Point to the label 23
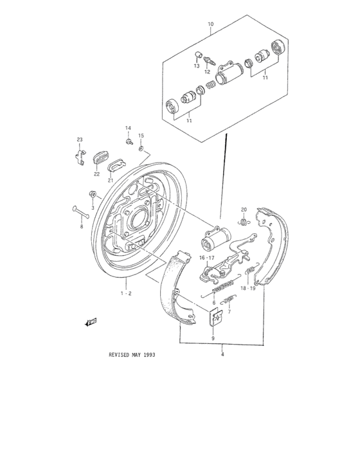click(x=80, y=139)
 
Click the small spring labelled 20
click(x=244, y=222)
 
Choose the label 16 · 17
click(x=206, y=257)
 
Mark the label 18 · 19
click(x=248, y=289)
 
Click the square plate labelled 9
click(x=217, y=317)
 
